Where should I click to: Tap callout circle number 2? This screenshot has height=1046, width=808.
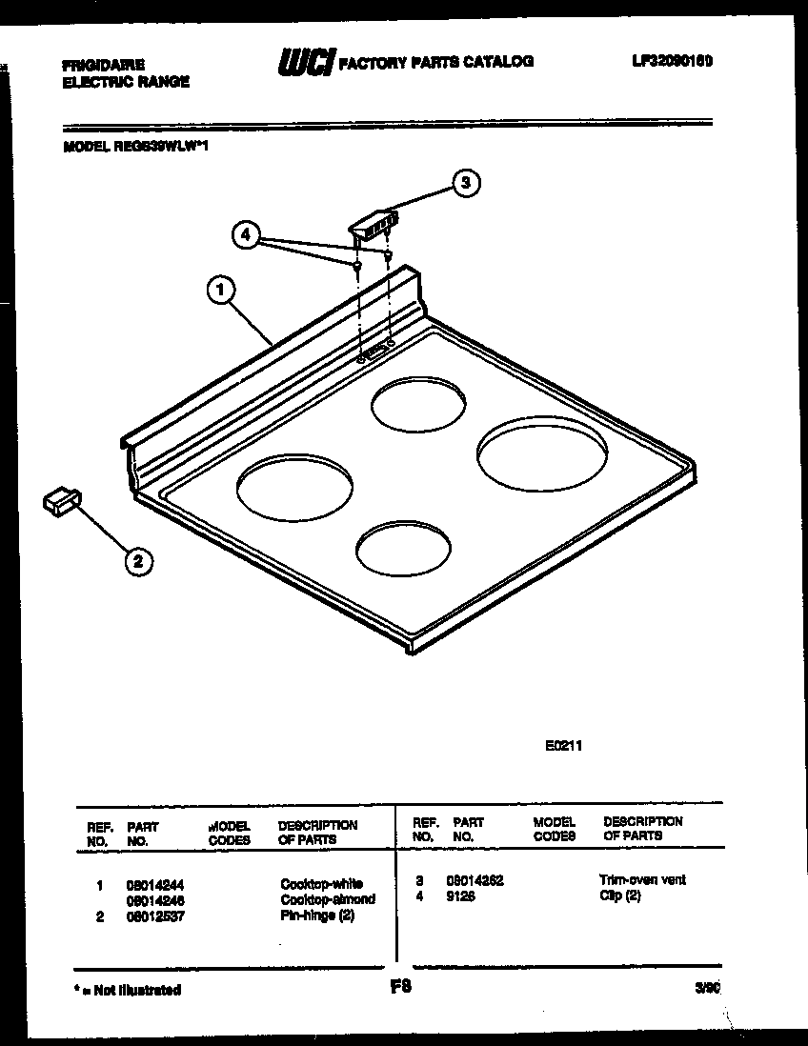(x=139, y=562)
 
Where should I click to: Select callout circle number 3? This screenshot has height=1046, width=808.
(x=464, y=183)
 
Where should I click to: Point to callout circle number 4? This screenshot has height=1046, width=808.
(x=246, y=234)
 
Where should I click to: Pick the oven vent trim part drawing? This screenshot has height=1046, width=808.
(x=374, y=225)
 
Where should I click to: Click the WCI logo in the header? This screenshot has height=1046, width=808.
(x=304, y=63)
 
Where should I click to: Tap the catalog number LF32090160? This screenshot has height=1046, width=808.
(x=672, y=61)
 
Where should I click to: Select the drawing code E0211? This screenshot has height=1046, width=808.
(x=562, y=746)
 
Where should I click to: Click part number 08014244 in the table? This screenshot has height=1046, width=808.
(x=154, y=884)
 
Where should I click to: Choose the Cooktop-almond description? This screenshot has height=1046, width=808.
(x=327, y=899)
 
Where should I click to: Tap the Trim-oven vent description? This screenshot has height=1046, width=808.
(x=642, y=880)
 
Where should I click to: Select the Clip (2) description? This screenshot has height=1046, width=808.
(x=619, y=896)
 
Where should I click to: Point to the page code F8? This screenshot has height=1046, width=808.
(x=400, y=988)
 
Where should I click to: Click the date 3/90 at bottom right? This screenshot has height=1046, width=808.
(x=706, y=990)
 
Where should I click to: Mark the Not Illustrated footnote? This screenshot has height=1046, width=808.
(x=128, y=990)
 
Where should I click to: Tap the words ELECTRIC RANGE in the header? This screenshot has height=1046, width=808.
(x=126, y=82)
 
